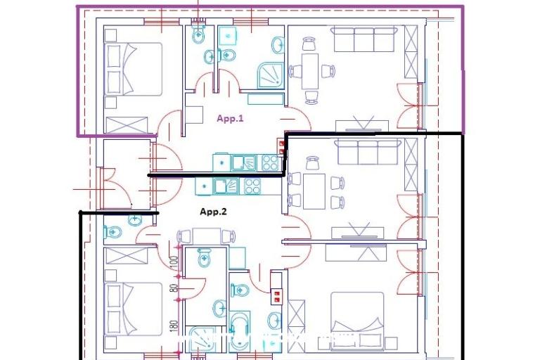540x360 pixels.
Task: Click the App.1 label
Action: tap(230, 119)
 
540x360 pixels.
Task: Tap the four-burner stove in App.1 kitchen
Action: tap(269, 162)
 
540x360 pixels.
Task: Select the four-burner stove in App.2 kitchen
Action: tap(251, 187)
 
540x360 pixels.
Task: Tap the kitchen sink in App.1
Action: tap(243, 162)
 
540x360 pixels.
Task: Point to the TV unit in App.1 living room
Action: tap(361, 126)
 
